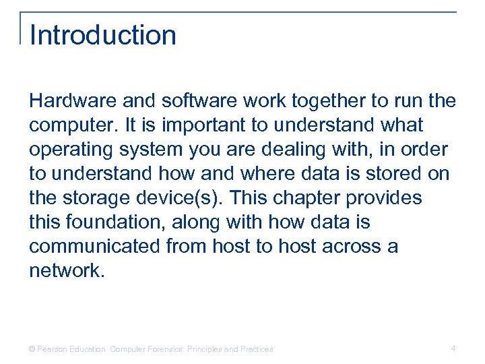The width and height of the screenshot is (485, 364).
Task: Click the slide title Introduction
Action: [103, 35]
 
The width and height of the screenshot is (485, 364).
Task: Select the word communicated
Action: [94, 246]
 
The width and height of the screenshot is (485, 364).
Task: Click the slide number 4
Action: [453, 348]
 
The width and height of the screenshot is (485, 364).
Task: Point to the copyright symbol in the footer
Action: [32, 349]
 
